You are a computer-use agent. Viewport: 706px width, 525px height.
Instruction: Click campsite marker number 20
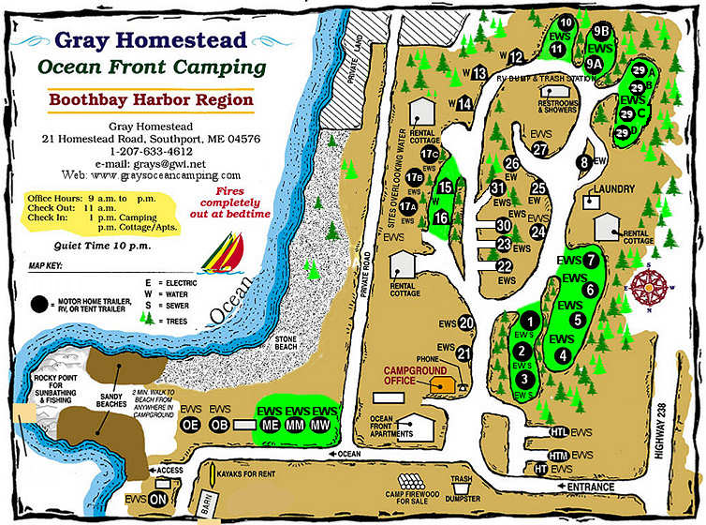466,323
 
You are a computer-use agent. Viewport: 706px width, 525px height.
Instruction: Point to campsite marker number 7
591,261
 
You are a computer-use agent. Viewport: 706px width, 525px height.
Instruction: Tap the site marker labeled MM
298,425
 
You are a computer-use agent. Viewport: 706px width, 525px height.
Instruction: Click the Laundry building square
591,200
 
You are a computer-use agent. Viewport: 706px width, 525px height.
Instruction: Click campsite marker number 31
497,187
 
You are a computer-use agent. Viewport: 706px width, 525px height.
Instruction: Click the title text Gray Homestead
151,40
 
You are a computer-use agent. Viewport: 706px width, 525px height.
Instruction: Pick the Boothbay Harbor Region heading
151,99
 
